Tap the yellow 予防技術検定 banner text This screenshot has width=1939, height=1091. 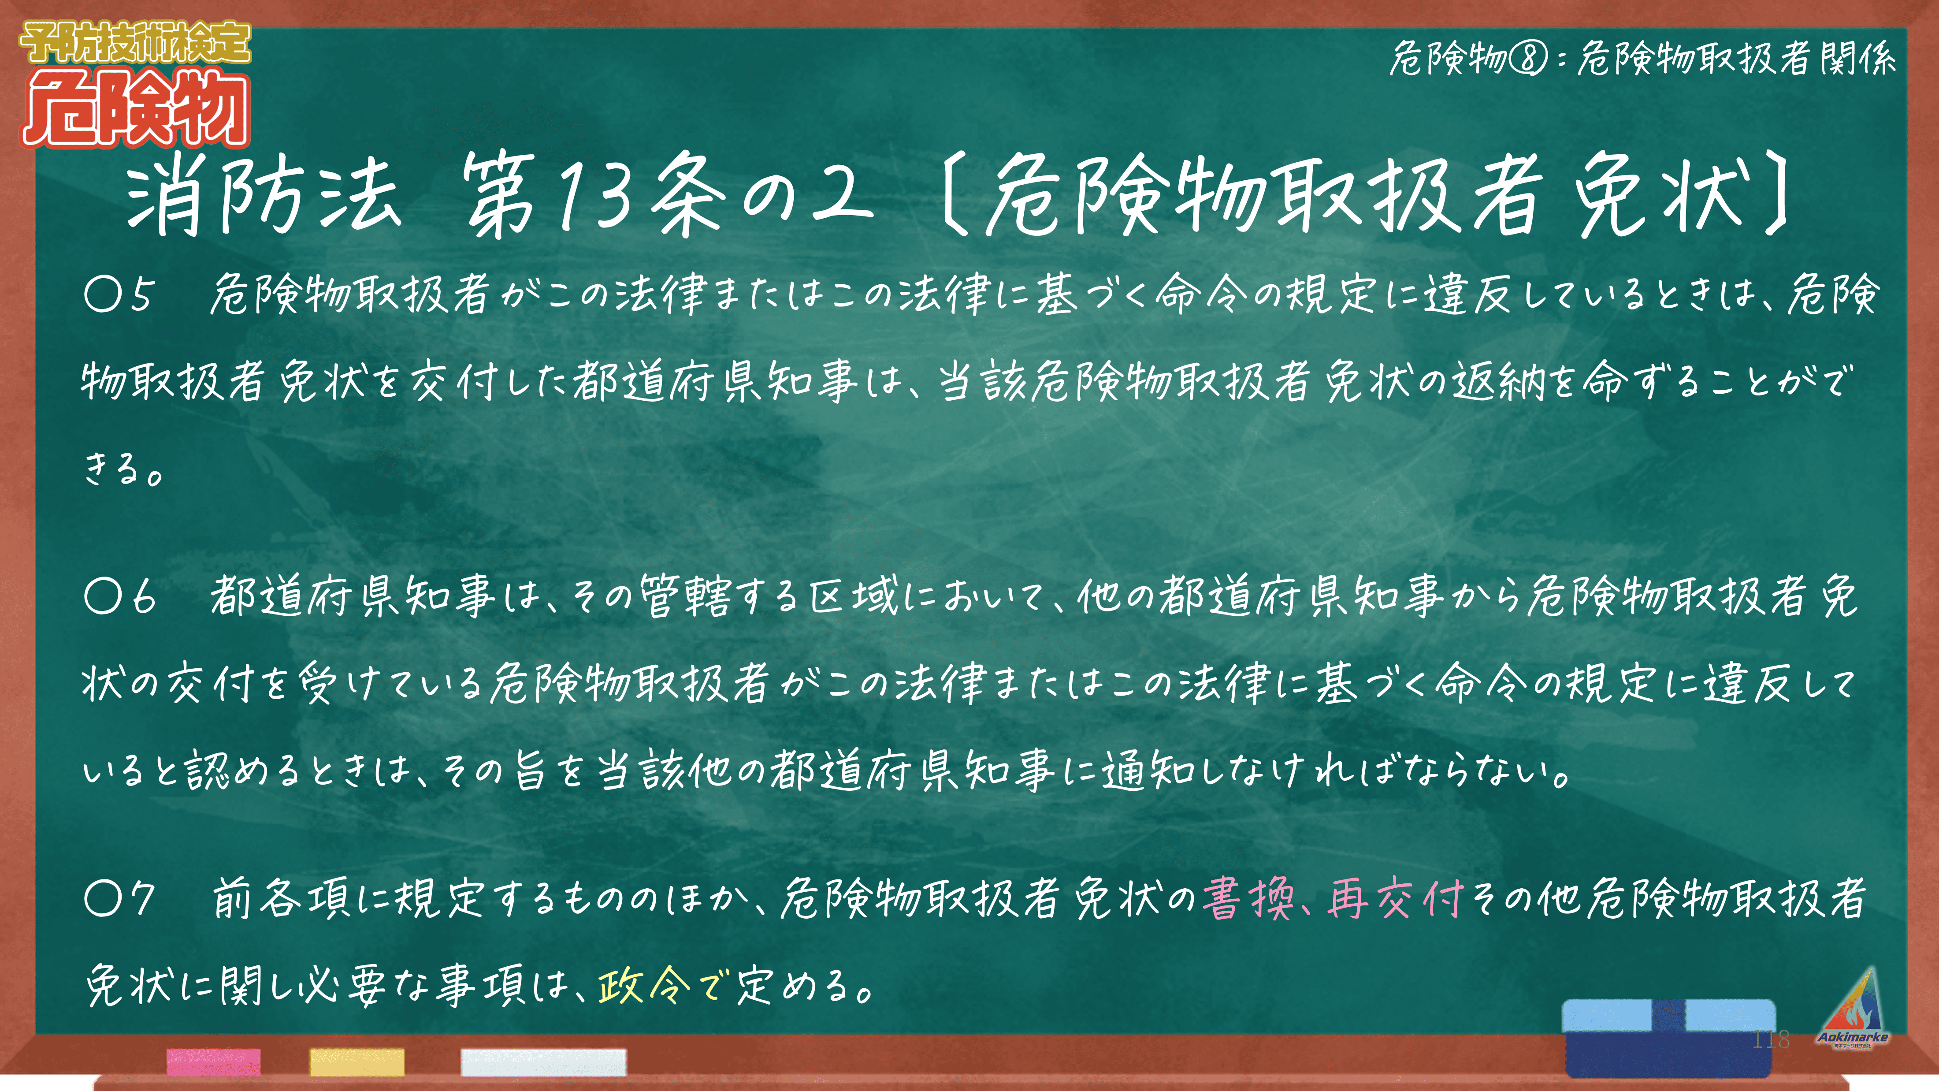(135, 43)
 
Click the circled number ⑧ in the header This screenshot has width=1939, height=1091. (1528, 59)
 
